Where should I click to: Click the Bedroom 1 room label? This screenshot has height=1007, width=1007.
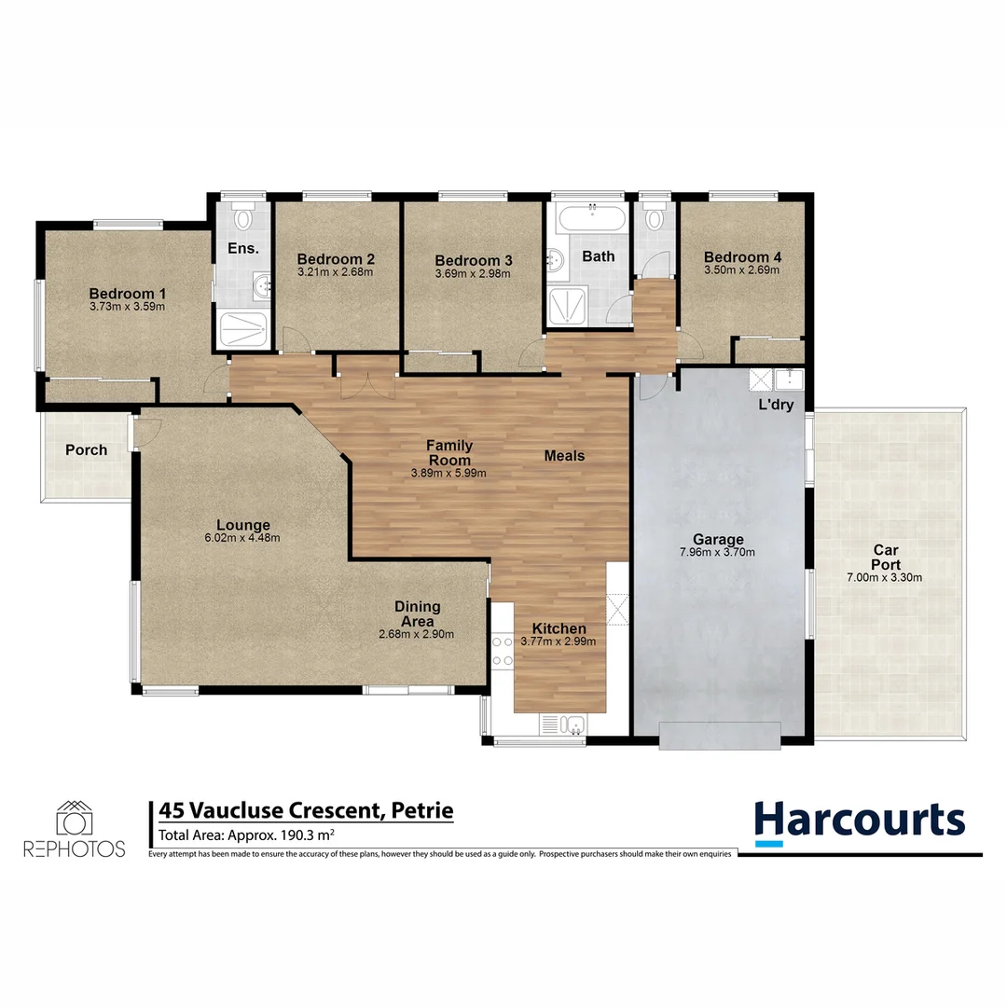coord(127,293)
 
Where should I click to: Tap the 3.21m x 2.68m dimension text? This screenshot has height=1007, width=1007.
coord(335,273)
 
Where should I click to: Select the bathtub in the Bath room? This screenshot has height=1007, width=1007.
coord(590,221)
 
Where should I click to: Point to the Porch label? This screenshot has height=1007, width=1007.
coord(86,450)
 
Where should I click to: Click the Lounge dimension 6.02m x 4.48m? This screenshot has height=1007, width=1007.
coord(242,538)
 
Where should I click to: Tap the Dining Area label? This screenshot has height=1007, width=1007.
coord(416,614)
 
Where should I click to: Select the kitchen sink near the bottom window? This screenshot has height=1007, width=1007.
coord(561,724)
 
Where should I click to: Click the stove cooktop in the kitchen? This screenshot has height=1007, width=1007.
coord(503,651)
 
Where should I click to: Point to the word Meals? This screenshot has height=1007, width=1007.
coord(564,456)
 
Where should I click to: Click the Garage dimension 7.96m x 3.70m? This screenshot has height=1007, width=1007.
coord(717,552)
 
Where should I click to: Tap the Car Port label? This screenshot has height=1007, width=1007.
coord(884,557)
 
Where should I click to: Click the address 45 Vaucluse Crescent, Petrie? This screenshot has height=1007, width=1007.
coord(306,810)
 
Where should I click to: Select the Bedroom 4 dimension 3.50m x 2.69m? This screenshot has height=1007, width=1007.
coord(741,270)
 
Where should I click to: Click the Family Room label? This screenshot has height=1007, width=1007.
coord(448,452)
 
